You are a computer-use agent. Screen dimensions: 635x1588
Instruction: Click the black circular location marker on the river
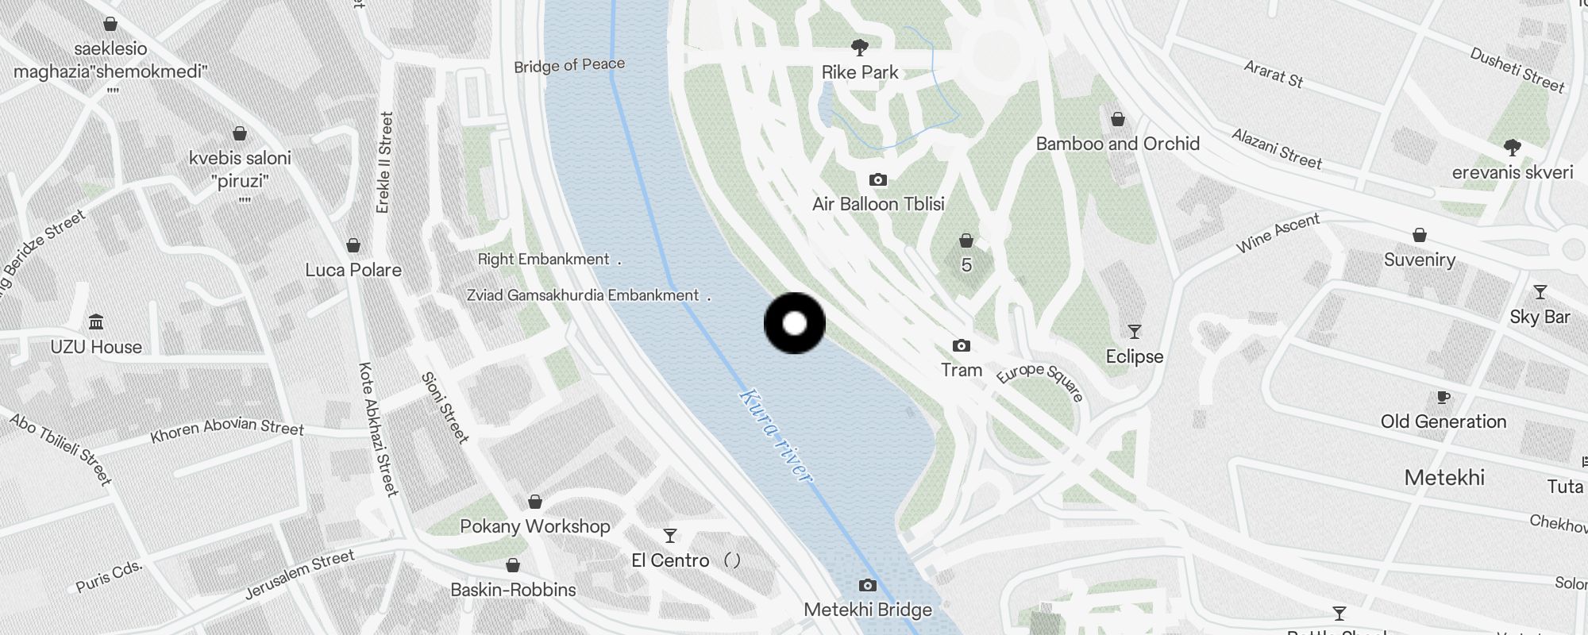click(794, 323)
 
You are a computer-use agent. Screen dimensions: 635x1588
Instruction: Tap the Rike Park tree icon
click(859, 48)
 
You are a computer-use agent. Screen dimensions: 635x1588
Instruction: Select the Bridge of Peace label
click(569, 65)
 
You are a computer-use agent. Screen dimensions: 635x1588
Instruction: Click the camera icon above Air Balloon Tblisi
click(877, 180)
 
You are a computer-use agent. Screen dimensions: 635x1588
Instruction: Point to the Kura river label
click(776, 435)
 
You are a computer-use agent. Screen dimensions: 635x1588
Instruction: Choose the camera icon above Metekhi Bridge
click(868, 586)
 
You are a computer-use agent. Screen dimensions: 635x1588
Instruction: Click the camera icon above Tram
click(961, 346)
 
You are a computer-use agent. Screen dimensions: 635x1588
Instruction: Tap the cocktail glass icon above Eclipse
click(1135, 332)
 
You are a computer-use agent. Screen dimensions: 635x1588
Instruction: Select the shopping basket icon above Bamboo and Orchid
click(1118, 120)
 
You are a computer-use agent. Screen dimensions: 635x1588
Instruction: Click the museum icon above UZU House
click(96, 321)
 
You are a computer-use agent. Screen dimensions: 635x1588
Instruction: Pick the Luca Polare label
click(353, 270)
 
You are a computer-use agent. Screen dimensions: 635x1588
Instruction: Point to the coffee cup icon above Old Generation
click(1443, 398)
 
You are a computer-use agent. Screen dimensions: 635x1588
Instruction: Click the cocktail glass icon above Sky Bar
click(1540, 292)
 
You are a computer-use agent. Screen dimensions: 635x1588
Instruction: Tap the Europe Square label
click(1039, 381)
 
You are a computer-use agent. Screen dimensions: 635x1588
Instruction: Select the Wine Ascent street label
click(1278, 233)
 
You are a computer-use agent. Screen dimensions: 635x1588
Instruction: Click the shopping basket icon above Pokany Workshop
click(535, 502)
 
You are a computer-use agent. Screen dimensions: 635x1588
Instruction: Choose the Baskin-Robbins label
click(513, 590)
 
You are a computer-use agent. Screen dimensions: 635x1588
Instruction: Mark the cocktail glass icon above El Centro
click(670, 536)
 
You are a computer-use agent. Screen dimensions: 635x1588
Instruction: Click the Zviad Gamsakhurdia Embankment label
click(583, 295)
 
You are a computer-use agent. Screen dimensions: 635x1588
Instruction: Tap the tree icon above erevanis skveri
click(1512, 148)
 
